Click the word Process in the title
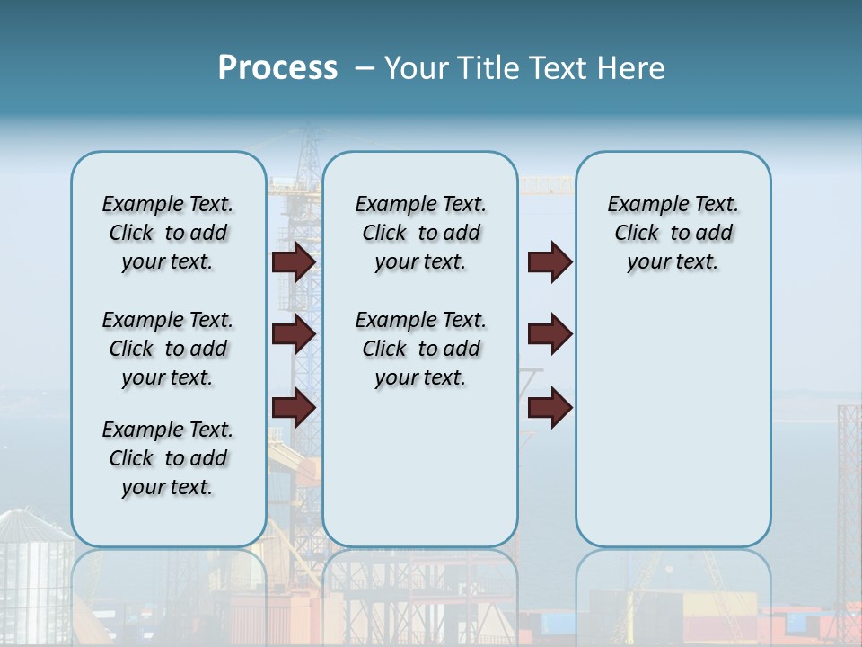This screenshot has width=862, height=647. [277, 67]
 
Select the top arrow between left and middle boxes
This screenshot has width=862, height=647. [294, 261]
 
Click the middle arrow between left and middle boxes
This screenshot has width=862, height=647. [294, 334]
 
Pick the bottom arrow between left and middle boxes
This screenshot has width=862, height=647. [294, 408]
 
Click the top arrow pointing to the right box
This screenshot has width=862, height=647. [550, 261]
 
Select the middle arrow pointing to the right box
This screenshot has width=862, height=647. [550, 334]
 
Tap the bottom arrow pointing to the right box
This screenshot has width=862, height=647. [550, 408]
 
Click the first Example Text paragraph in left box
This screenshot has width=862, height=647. [168, 233]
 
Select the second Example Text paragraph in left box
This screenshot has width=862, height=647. [168, 349]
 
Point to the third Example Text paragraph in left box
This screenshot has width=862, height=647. [168, 458]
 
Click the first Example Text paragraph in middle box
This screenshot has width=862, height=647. [420, 233]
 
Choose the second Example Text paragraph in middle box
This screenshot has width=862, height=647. [420, 349]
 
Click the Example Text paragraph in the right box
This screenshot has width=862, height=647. [673, 233]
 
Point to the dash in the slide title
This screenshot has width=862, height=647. [365, 68]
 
